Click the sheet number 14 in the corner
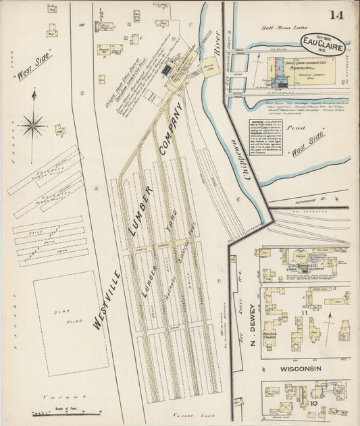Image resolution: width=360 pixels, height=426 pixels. pos(336,15)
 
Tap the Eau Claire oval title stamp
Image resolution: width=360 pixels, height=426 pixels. pos(323,46)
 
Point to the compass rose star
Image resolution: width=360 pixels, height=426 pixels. pos(32,124)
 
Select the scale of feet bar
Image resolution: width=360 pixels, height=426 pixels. pos(67,410)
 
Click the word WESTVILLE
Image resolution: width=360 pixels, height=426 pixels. pos(108,301)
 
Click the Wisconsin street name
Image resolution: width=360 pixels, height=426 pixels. pos(302,369)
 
